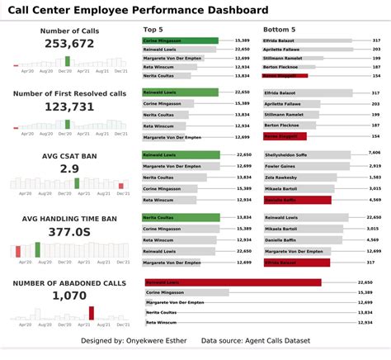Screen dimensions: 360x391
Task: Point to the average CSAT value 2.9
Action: click(x=69, y=168)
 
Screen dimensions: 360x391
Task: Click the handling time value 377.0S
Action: click(x=68, y=232)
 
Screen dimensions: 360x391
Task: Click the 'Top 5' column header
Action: click(x=152, y=30)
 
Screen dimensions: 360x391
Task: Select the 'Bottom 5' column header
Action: click(x=280, y=30)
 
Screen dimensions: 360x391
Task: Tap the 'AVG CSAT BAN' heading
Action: click(x=68, y=155)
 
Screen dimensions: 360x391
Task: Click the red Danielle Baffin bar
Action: click(x=297, y=200)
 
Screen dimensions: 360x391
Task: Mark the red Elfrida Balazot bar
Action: click(x=295, y=263)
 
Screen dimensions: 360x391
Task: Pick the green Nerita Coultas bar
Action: click(x=181, y=217)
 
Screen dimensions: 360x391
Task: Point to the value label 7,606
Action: click(x=374, y=152)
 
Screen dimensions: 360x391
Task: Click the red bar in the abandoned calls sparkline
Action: click(x=92, y=312)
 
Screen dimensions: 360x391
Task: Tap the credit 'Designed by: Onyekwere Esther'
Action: click(x=134, y=340)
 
